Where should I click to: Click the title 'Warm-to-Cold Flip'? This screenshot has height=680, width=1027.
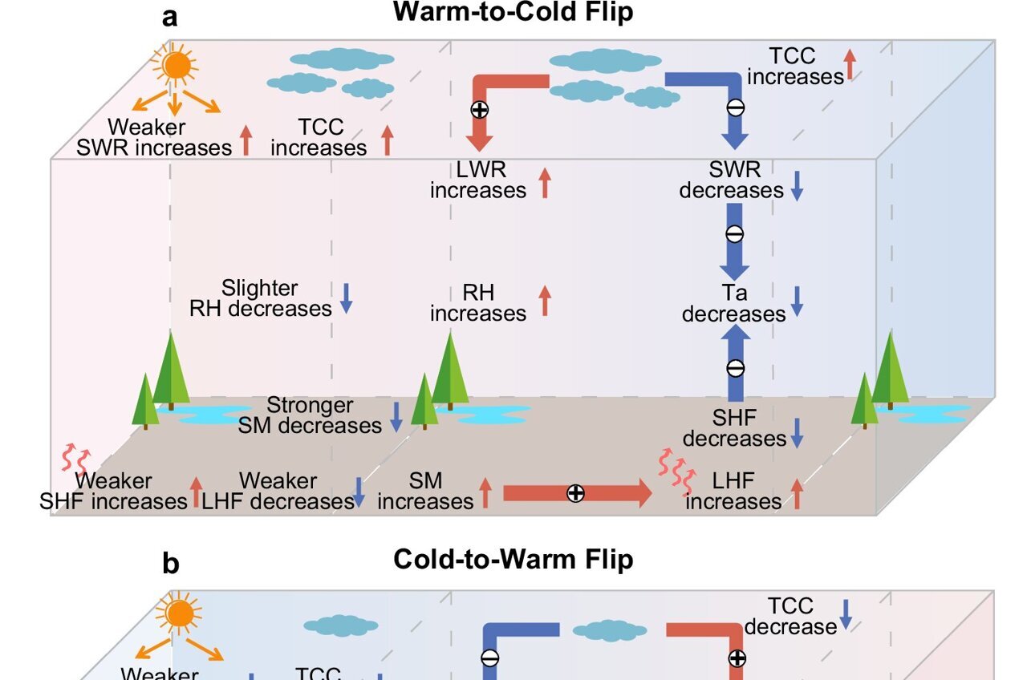point(513,12)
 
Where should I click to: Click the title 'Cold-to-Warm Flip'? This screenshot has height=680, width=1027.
point(513,559)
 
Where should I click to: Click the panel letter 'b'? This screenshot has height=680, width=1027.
point(171,564)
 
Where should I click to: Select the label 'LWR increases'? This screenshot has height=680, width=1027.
point(478,180)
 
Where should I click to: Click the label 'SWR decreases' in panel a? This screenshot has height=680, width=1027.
point(733,180)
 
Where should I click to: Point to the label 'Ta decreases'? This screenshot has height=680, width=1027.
point(733,304)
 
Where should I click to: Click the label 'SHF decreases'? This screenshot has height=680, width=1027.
point(733,428)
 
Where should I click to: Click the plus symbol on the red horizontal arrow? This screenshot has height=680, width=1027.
point(575,494)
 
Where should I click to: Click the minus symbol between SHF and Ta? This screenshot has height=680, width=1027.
point(735,368)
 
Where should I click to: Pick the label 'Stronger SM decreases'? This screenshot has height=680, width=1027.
point(310,415)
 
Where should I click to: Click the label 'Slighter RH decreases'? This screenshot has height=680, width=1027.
point(260,298)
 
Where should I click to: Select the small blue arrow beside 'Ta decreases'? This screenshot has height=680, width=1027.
point(797,301)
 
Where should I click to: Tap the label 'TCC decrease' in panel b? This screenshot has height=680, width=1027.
point(790,616)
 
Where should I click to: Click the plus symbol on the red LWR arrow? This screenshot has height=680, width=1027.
point(480,111)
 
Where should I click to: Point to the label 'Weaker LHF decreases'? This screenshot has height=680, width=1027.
point(278,492)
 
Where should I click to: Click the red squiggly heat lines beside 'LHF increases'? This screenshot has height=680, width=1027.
point(676,473)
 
